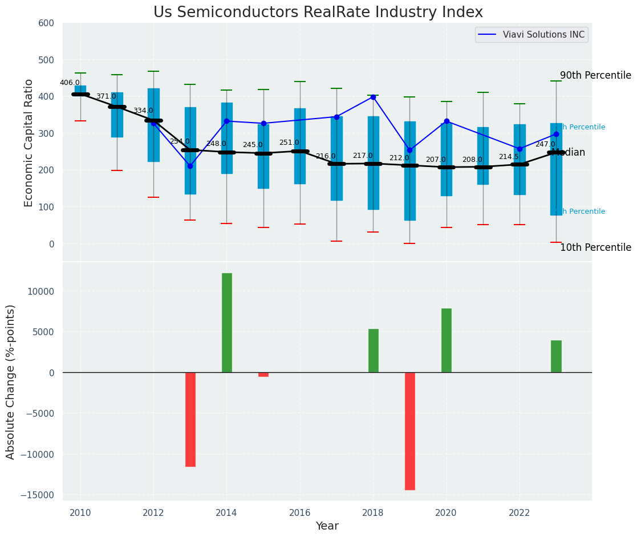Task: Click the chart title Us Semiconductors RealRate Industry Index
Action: (318, 13)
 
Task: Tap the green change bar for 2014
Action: (227, 323)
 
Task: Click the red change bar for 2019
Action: (410, 431)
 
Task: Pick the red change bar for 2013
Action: (190, 420)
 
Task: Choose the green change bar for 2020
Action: (447, 340)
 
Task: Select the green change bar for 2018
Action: (374, 351)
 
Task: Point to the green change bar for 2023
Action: (556, 356)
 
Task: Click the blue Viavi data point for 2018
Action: (373, 97)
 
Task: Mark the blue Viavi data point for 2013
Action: (190, 166)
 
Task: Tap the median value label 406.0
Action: (70, 83)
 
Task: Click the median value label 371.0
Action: (106, 96)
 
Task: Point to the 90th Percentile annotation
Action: (595, 75)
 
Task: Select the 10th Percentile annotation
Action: (595, 247)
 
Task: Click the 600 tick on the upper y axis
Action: (46, 23)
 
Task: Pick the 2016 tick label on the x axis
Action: (300, 513)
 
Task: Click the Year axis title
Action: (327, 526)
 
